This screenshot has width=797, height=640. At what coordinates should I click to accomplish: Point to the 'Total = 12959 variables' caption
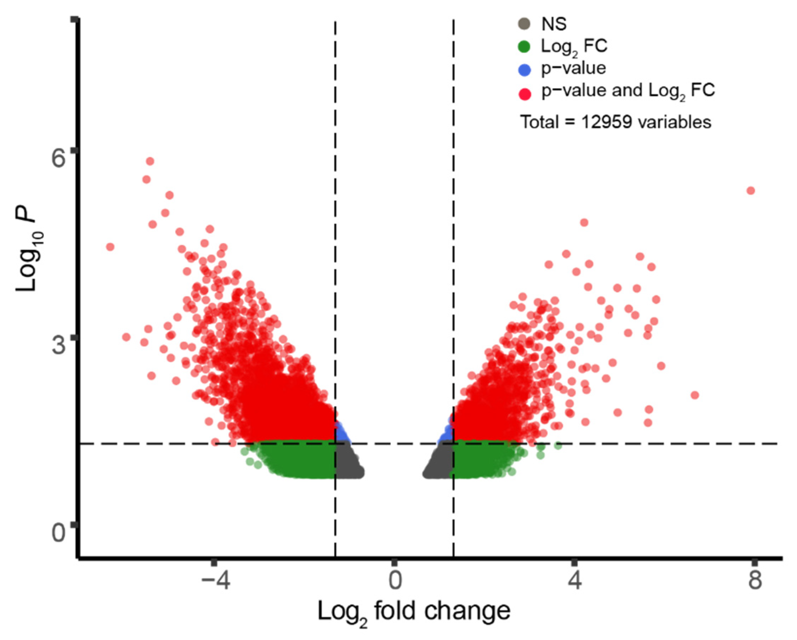[x=616, y=122]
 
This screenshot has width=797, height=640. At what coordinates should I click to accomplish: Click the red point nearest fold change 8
[x=751, y=191]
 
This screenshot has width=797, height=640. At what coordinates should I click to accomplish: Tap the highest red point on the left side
[x=150, y=161]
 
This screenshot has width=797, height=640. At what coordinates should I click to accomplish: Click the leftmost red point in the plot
[x=110, y=247]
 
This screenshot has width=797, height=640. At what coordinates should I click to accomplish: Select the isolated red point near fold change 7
[x=694, y=395]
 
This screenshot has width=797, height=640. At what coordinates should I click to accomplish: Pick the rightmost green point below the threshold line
[x=558, y=446]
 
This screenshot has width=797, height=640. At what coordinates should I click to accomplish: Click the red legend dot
[x=524, y=94]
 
